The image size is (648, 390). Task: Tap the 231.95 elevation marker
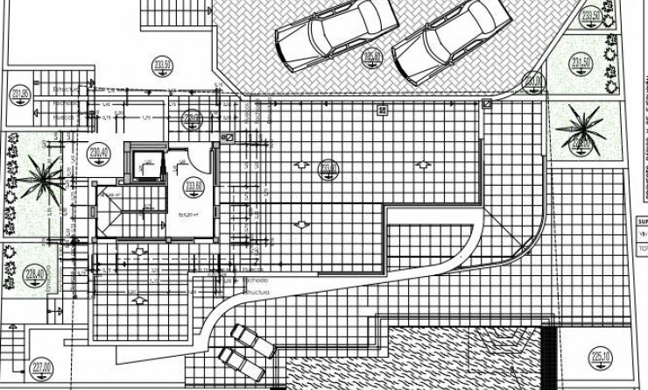coord(21,96)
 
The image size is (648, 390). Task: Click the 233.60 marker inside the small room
coord(194,186)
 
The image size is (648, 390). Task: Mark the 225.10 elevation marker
coord(602,356)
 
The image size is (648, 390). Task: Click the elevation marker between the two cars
coord(372,58)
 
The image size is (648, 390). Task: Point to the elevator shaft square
coord(144,161)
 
